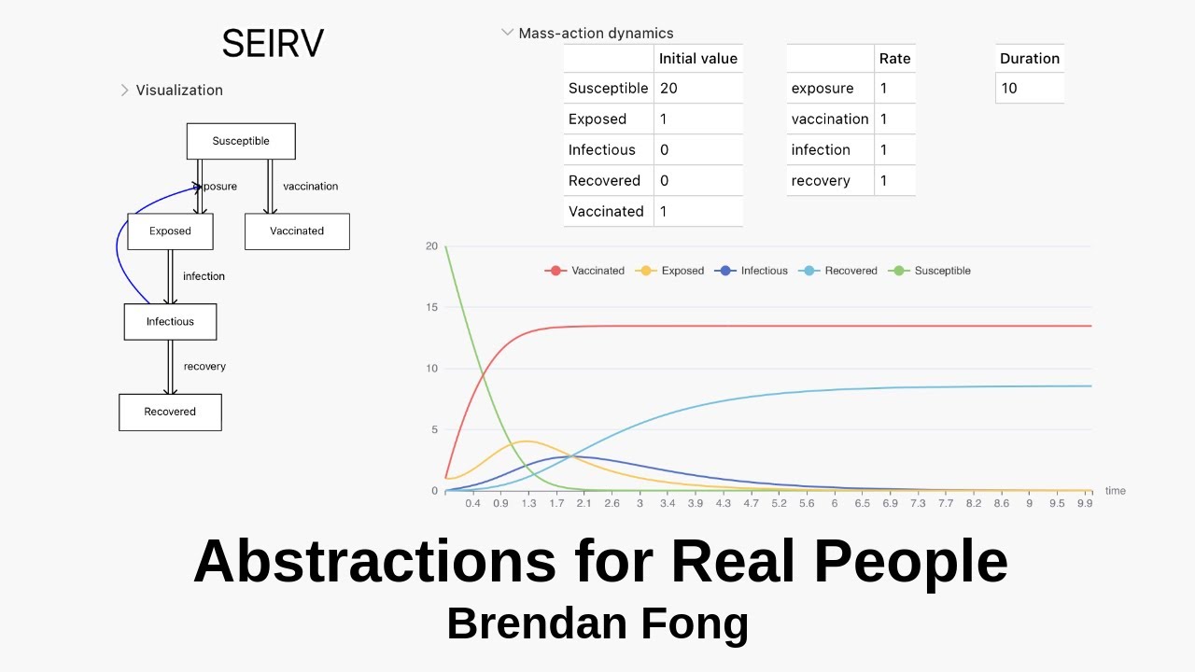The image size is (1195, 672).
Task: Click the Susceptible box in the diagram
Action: tap(241, 141)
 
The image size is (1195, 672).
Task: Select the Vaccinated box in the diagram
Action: tap(297, 231)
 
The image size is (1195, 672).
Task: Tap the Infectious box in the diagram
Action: tap(170, 322)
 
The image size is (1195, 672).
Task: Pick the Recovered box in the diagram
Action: tap(170, 412)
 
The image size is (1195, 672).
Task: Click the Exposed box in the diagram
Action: tap(170, 231)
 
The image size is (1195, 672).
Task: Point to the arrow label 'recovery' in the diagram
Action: tap(204, 367)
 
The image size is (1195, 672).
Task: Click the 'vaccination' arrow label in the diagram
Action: tap(310, 187)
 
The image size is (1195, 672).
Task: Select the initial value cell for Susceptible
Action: tap(698, 88)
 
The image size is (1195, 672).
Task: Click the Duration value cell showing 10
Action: tap(1029, 88)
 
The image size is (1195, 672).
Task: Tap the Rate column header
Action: tap(894, 58)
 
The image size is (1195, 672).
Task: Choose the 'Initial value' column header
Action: tap(698, 58)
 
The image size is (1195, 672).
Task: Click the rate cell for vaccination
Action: tap(894, 119)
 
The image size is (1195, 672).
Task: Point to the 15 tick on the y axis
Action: tap(430, 307)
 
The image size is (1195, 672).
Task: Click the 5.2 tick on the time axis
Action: tap(779, 503)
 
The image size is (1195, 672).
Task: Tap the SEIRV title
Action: tap(273, 44)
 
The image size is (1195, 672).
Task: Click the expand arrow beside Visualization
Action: tap(124, 91)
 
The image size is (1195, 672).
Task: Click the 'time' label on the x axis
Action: tap(1115, 491)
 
